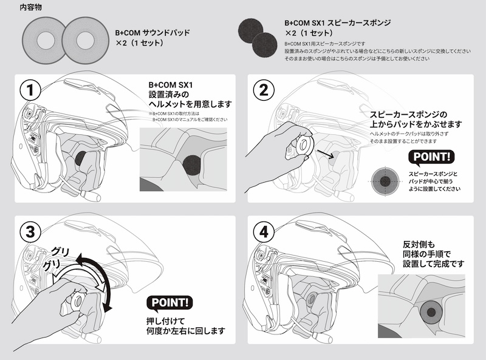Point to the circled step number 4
[x=264, y=233]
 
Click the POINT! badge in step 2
[x=433, y=158]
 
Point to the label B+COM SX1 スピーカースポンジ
[x=338, y=22]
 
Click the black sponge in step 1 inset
[x=193, y=165]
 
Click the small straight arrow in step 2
[x=326, y=155]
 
